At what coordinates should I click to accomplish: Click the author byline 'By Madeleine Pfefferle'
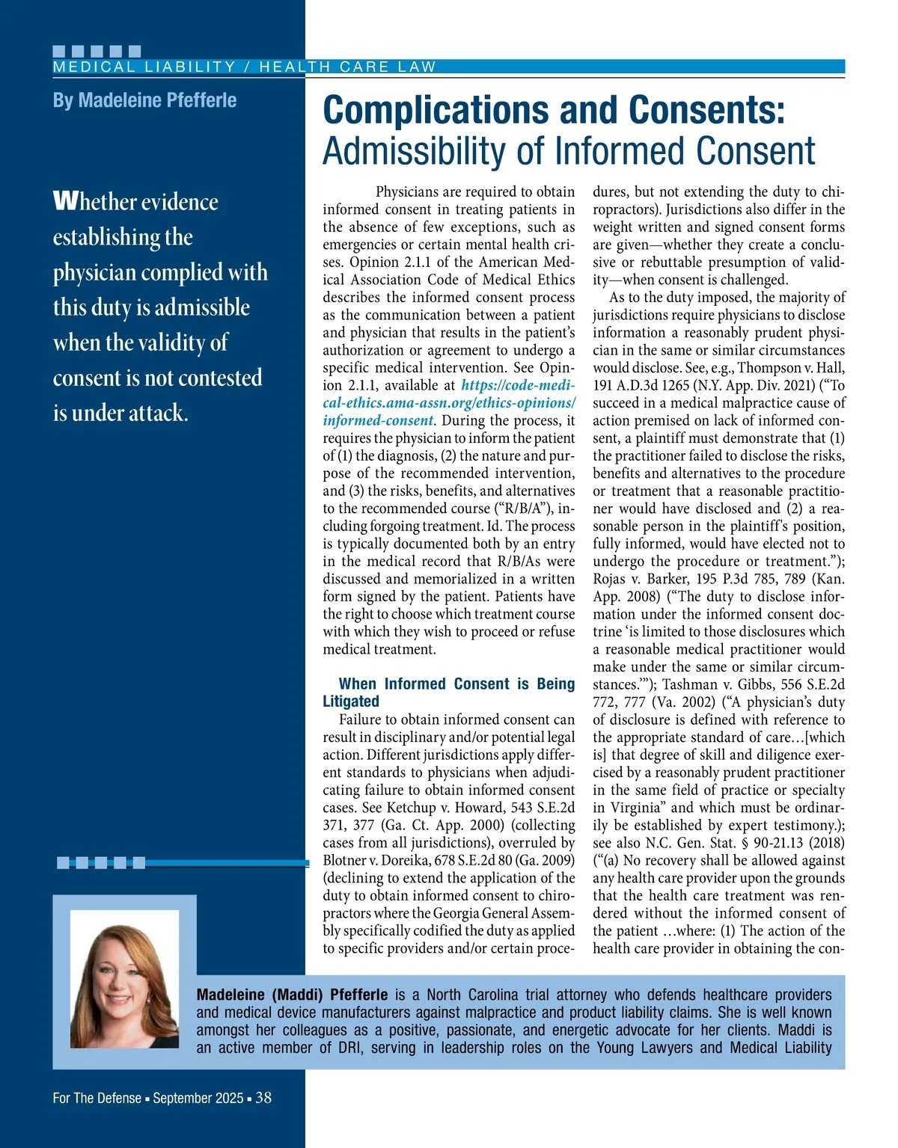[x=144, y=100]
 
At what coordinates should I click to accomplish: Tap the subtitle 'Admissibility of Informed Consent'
[x=569, y=151]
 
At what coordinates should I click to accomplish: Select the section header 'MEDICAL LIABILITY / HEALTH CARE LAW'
[x=244, y=67]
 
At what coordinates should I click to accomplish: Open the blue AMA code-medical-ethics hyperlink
[x=449, y=403]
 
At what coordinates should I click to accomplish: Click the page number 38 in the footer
[x=263, y=1098]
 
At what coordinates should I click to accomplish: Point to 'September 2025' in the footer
[x=198, y=1098]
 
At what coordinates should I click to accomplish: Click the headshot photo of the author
[x=125, y=979]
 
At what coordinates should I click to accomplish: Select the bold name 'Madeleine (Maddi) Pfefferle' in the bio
[x=292, y=995]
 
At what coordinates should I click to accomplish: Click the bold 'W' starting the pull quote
[x=64, y=201]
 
